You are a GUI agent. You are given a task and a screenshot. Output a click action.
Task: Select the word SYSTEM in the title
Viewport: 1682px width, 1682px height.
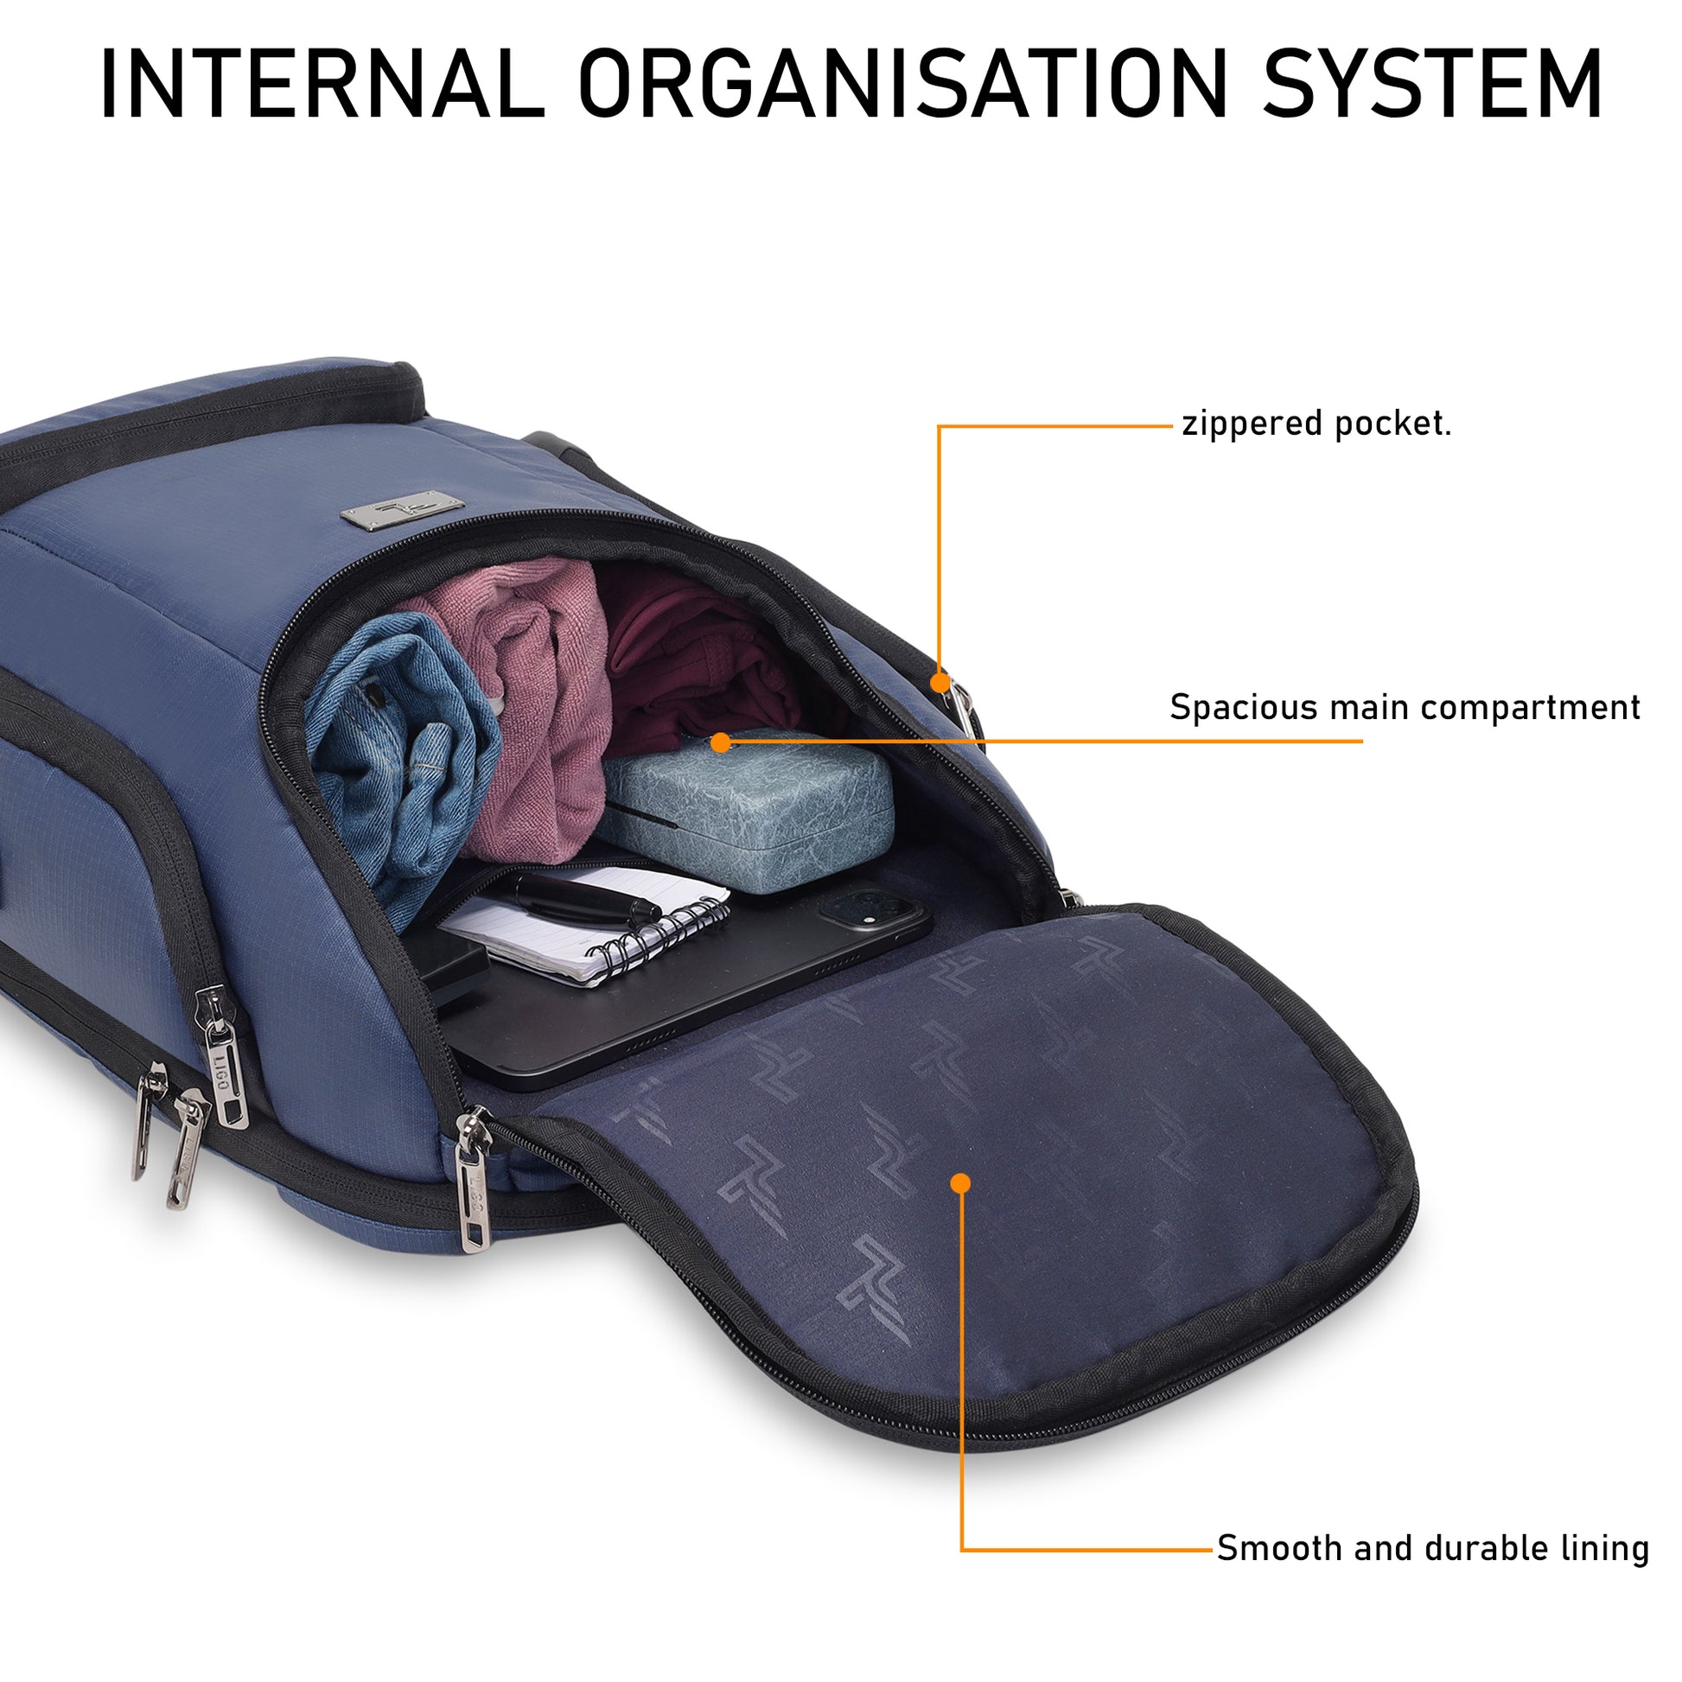click(1431, 85)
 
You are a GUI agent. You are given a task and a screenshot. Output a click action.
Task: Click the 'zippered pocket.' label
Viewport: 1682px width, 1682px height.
click(1316, 424)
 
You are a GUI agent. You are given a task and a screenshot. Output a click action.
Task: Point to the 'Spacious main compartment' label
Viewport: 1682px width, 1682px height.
click(1404, 707)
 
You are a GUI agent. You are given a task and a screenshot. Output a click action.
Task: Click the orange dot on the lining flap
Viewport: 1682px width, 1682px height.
click(960, 1183)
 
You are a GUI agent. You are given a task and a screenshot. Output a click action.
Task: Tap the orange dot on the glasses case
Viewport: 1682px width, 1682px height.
click(720, 742)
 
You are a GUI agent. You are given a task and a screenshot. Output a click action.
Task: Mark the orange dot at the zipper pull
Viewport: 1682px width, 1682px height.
click(940, 682)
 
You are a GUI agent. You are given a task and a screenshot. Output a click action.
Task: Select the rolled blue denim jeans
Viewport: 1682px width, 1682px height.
click(400, 749)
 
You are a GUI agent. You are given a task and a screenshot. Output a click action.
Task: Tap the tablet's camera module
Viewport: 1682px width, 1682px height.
click(862, 910)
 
